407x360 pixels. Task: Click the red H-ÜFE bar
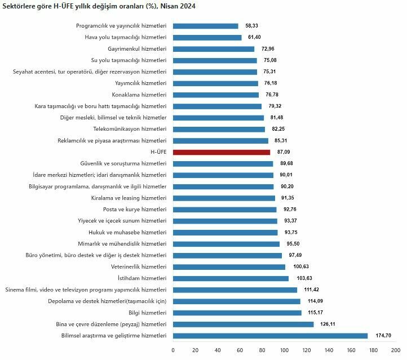pos(222,152)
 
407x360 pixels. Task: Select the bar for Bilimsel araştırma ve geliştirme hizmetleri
pos(270,336)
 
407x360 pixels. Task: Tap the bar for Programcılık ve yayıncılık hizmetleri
pos(205,26)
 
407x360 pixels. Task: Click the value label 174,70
pos(383,336)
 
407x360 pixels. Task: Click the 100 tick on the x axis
pos(284,350)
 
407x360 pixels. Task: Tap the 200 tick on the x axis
pos(395,350)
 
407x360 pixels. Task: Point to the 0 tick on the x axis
pos(173,350)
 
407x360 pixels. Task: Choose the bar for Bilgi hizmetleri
pos(237,313)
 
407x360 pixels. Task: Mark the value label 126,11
pos(329,325)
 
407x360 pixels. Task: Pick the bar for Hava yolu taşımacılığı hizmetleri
pos(207,37)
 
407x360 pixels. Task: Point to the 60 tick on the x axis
pos(240,350)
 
